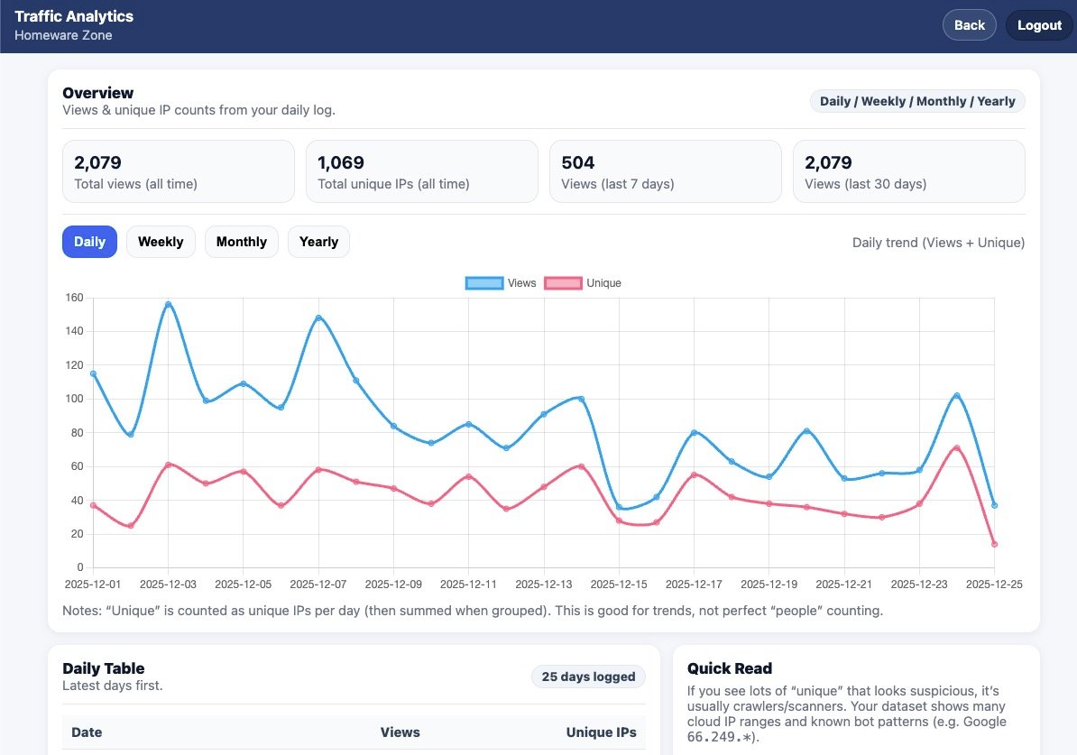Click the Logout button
click(x=1039, y=25)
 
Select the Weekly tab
click(x=161, y=242)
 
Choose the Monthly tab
click(x=241, y=242)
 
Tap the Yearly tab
click(x=318, y=242)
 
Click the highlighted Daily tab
click(x=89, y=242)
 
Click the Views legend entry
click(x=502, y=283)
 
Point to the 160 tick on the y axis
click(x=75, y=298)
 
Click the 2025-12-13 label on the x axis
click(x=544, y=584)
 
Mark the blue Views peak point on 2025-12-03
click(x=168, y=304)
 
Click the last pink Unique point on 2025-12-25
click(x=994, y=544)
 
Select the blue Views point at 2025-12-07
click(x=318, y=318)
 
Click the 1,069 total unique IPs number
click(x=341, y=162)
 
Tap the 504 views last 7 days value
click(x=577, y=162)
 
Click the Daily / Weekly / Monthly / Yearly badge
click(x=917, y=101)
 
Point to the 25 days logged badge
click(x=588, y=677)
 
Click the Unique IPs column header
click(x=601, y=732)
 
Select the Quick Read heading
click(x=729, y=668)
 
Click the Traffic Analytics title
click(x=74, y=16)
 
